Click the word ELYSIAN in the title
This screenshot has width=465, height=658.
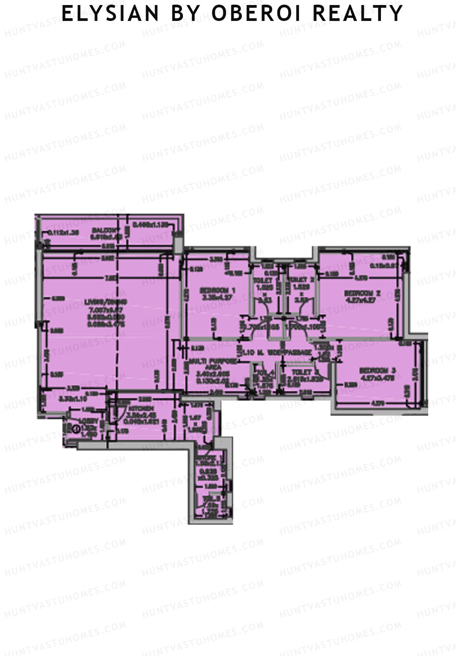tap(110, 13)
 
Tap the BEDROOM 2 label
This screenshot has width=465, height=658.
tap(362, 294)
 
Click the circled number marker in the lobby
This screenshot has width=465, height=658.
tap(76, 429)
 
